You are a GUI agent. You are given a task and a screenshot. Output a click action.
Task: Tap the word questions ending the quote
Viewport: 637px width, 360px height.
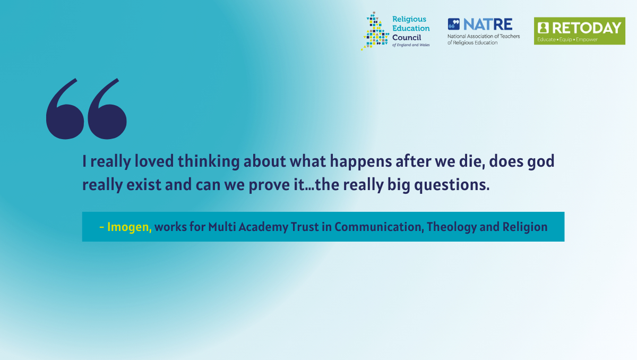click(452, 185)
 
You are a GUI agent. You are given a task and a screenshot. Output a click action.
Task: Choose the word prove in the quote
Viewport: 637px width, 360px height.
click(267, 185)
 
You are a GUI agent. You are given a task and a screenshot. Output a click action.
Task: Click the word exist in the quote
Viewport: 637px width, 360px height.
click(144, 185)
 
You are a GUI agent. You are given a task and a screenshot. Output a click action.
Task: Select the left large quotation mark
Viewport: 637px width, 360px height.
click(65, 109)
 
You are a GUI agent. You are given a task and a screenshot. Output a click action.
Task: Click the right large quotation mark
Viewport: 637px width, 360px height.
click(107, 109)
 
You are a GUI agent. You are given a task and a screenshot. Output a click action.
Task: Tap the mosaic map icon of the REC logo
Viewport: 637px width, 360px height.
click(375, 31)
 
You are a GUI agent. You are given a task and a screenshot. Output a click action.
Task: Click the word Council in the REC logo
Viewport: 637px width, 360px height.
click(407, 38)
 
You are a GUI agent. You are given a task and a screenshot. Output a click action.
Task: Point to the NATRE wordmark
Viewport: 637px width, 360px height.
click(488, 24)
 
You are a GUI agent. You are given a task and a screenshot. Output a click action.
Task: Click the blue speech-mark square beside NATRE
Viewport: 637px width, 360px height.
click(453, 24)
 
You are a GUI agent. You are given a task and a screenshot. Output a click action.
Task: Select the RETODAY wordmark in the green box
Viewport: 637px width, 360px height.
click(587, 28)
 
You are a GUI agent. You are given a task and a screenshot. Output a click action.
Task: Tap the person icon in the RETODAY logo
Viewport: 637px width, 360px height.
click(543, 28)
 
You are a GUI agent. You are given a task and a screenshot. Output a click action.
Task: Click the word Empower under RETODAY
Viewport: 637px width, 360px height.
click(587, 39)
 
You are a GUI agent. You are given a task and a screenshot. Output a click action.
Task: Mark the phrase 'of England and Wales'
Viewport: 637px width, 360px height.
click(411, 45)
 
